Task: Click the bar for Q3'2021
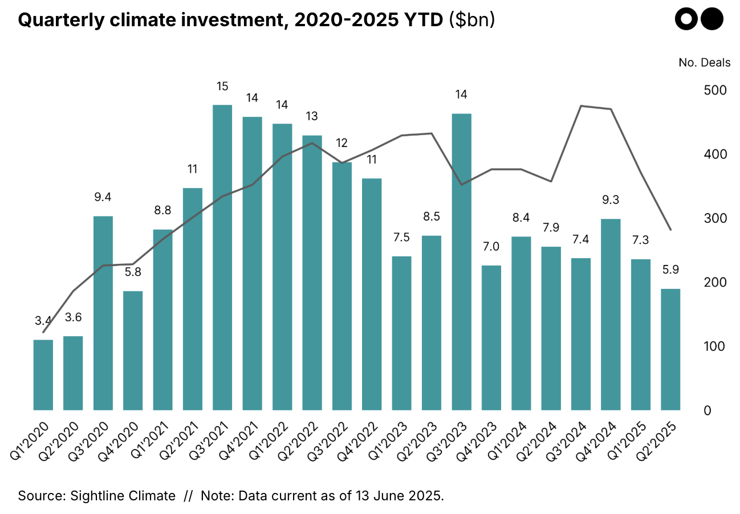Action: pyautogui.click(x=222, y=257)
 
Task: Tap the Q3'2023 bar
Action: pyautogui.click(x=461, y=262)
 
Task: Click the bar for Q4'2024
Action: pyautogui.click(x=611, y=314)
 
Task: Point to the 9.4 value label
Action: pyautogui.click(x=103, y=197)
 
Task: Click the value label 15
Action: pyautogui.click(x=222, y=87)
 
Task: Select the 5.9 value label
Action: pyautogui.click(x=670, y=270)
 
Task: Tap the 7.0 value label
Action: pyautogui.click(x=491, y=247)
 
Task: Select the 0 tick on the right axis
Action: pyautogui.click(x=707, y=410)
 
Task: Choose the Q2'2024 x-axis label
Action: pyautogui.click(x=539, y=441)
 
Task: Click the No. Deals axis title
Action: pyautogui.click(x=704, y=63)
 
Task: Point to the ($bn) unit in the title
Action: pyautogui.click(x=471, y=21)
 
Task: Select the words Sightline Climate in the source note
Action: pyautogui.click(x=123, y=495)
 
